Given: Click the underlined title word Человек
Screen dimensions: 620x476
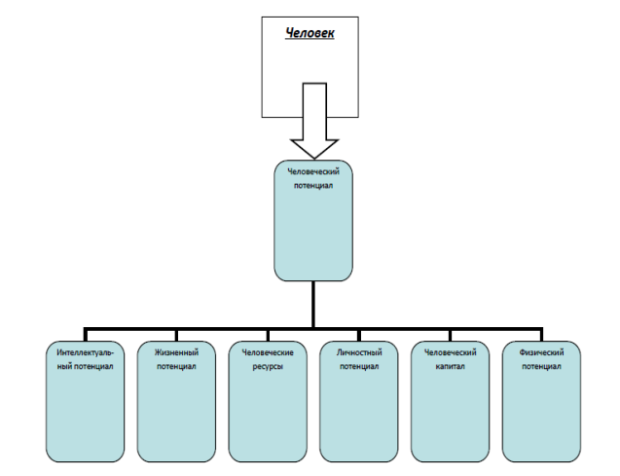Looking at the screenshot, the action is click(310, 33).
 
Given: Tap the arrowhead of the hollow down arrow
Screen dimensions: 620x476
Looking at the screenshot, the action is click(314, 149).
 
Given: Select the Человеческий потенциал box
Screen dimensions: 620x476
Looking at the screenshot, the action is click(313, 221).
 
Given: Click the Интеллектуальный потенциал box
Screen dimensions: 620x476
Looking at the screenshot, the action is click(85, 401).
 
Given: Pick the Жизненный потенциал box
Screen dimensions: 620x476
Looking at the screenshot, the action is click(176, 401).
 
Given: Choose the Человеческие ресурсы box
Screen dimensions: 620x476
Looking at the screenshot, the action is click(268, 401).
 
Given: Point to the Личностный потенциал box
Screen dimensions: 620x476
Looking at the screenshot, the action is click(359, 401).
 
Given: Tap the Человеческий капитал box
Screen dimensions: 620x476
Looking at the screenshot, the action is click(450, 401).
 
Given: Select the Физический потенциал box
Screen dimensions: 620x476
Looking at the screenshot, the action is click(541, 401).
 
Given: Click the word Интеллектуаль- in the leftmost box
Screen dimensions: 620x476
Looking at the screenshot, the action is click(85, 352).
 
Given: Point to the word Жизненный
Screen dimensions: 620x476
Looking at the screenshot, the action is click(176, 352).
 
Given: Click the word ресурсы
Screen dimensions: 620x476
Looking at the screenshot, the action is click(268, 366).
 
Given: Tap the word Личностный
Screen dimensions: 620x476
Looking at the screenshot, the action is click(359, 352).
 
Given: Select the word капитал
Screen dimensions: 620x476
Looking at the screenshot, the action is click(450, 366).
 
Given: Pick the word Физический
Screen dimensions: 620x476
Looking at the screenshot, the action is click(541, 352).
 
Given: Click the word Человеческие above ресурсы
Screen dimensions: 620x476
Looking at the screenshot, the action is click(268, 352).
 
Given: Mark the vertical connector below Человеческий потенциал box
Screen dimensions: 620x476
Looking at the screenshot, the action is click(313, 305).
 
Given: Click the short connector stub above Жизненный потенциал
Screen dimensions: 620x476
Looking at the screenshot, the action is click(176, 335).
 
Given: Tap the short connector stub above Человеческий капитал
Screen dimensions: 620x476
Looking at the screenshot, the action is click(450, 335).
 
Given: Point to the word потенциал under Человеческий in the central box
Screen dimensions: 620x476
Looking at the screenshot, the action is click(313, 185).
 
